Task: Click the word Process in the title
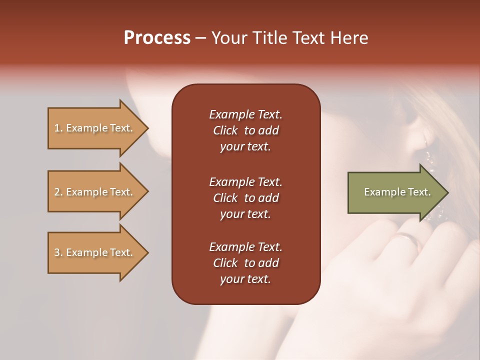click(x=157, y=38)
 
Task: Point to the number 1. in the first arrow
click(x=58, y=128)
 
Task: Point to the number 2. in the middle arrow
click(x=58, y=192)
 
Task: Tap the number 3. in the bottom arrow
click(x=58, y=252)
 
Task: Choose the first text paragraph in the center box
click(x=245, y=130)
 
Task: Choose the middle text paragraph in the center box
click(x=245, y=197)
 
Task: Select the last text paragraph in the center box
click(x=245, y=263)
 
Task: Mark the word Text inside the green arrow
click(x=419, y=192)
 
